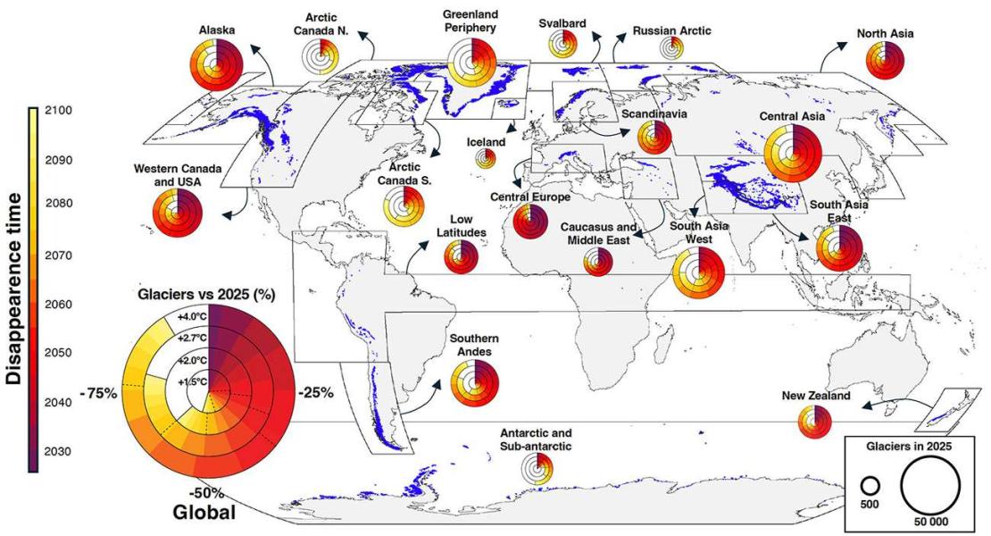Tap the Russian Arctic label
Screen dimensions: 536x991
click(671, 30)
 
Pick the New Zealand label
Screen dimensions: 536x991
click(815, 395)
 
